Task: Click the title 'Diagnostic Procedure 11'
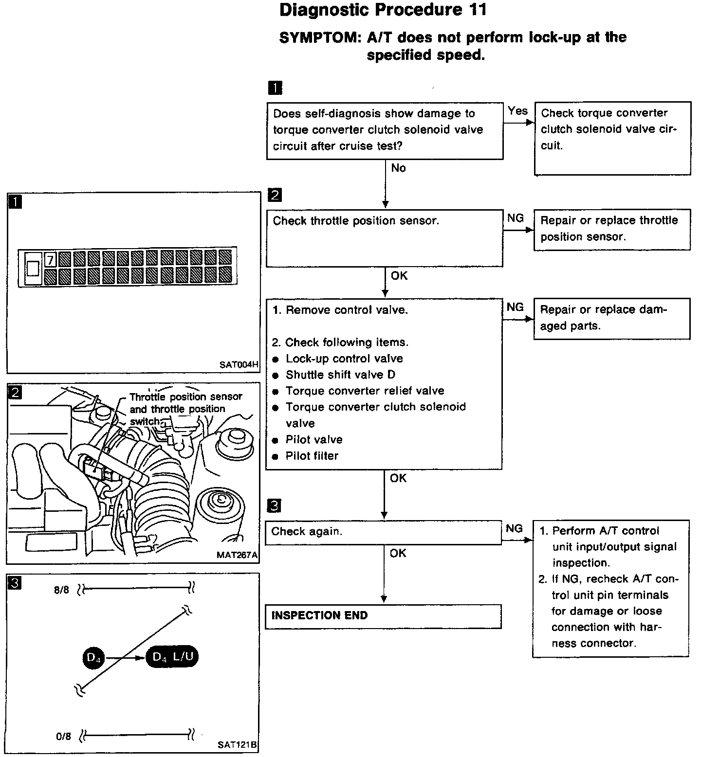(383, 10)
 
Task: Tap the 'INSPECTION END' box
(383, 616)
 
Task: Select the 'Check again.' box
(383, 532)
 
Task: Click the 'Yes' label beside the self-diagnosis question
(517, 111)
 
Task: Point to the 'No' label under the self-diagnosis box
(398, 168)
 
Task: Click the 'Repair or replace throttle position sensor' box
(612, 230)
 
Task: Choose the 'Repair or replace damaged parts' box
(612, 319)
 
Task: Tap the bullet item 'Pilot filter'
(312, 456)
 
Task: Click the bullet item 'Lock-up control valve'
(344, 359)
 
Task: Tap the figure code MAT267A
(237, 555)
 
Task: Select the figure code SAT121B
(237, 745)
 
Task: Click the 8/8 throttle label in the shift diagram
(62, 591)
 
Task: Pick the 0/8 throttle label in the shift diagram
(63, 737)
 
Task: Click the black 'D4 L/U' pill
(172, 657)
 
